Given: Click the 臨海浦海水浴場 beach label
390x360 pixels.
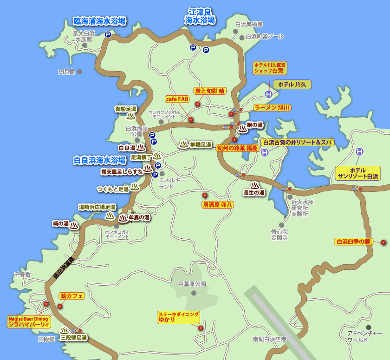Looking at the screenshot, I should click(x=100, y=21).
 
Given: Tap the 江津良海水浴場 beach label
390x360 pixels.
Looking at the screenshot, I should click(x=200, y=16).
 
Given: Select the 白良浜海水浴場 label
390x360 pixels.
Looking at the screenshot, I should click(x=100, y=160).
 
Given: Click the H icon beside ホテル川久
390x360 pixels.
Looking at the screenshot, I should click(x=268, y=94).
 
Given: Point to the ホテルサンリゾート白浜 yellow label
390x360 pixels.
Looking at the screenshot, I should click(x=358, y=173).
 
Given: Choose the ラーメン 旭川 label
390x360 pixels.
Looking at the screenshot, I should click(x=272, y=108).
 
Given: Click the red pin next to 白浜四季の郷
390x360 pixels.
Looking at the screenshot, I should click(x=383, y=242).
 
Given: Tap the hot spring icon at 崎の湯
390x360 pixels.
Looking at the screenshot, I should click(x=74, y=225).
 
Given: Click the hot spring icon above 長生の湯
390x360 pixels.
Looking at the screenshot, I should click(x=255, y=185).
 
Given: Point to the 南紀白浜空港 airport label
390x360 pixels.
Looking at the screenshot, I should click(x=270, y=340).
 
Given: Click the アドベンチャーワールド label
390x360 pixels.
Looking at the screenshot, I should click(x=364, y=337).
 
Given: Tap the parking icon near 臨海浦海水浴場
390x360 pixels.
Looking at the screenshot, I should click(x=108, y=34).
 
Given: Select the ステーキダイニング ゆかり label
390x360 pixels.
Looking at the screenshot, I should click(x=179, y=317).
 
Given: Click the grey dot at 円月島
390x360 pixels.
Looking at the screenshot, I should click(x=80, y=72).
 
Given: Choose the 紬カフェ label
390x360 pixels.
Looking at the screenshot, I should click(x=71, y=296).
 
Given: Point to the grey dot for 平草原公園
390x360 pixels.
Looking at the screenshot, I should click(x=194, y=293).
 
